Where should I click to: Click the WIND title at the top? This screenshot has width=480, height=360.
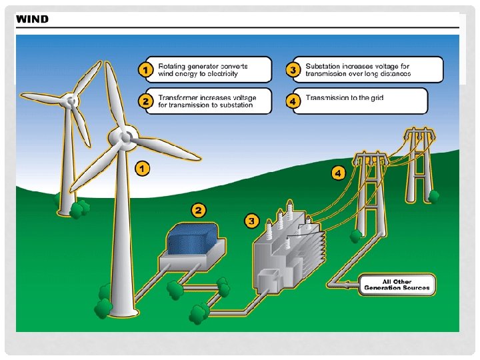coord(32,19)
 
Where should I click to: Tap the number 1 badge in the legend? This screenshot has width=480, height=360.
coord(143,69)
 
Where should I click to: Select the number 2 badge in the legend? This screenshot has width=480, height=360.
coord(143,101)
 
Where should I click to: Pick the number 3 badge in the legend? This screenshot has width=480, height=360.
coord(291,69)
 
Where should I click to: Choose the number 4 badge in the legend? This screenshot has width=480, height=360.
coord(291,101)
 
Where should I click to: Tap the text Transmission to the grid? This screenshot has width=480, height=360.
coord(344,98)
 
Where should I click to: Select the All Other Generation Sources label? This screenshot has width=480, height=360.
coord(397,285)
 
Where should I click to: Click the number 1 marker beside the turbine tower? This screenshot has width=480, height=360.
coord(142,169)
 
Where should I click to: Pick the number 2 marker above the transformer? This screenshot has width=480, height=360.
coord(198,211)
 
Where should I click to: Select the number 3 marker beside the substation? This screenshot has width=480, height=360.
coord(251,221)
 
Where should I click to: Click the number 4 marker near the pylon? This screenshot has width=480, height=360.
coord(339,173)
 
